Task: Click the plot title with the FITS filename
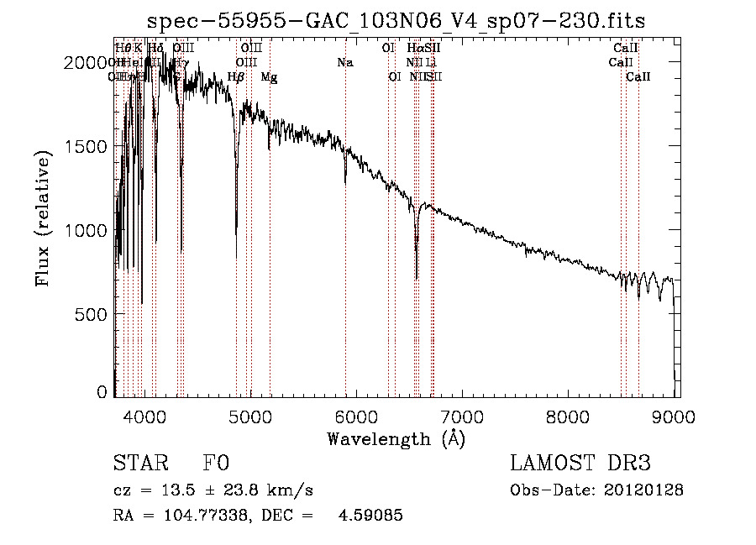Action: click(x=395, y=21)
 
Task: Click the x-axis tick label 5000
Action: click(x=250, y=414)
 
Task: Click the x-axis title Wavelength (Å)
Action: click(x=396, y=438)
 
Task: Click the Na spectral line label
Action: click(x=345, y=63)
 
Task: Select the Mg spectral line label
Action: click(x=269, y=77)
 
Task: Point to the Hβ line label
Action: click(x=236, y=77)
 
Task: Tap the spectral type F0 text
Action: click(x=216, y=464)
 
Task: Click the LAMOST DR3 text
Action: click(x=580, y=464)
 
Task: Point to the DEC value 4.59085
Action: click(x=370, y=516)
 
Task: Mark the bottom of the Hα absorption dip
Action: click(x=417, y=278)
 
